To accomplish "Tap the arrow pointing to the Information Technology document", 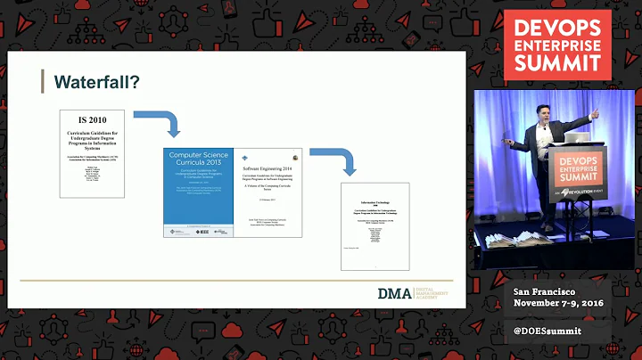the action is coord(345,160).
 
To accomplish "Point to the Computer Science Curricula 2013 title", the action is coord(199,165).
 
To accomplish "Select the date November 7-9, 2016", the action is coord(558,306).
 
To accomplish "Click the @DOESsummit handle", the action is coord(547,331).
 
